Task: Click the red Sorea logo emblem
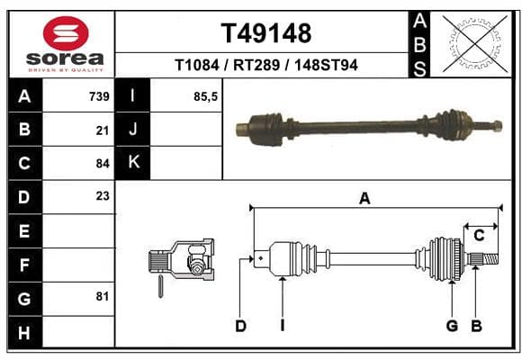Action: [66, 33]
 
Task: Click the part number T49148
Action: [266, 33]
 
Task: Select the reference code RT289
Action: [256, 65]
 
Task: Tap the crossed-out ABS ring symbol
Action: [475, 43]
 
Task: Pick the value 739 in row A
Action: [99, 96]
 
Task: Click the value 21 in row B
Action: [103, 130]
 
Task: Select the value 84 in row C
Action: [103, 164]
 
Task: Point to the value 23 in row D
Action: [103, 196]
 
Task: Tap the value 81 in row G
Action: [103, 296]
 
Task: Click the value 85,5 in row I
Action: [205, 96]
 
